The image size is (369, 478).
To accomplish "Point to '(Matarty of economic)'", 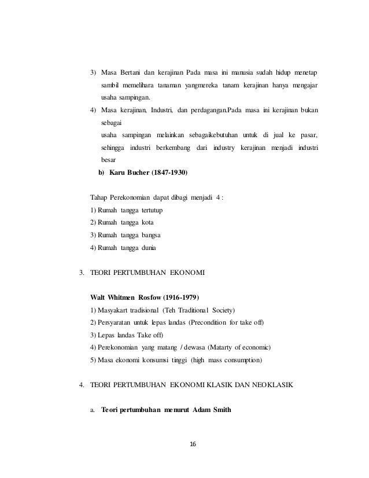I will [237, 347].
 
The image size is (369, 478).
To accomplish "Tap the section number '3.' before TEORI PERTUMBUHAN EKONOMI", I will [82, 272].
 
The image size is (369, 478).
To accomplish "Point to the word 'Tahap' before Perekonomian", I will [99, 197].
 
